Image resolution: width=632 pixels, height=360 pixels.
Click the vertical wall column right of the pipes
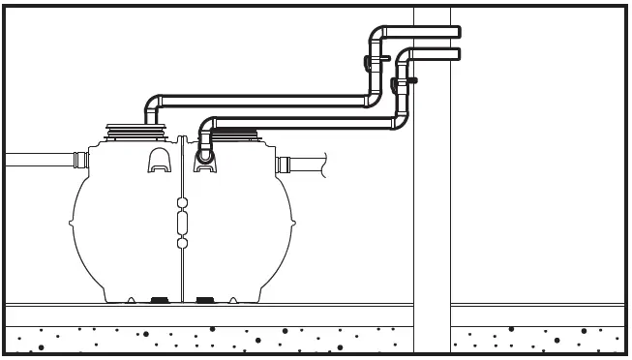click(431, 194)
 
